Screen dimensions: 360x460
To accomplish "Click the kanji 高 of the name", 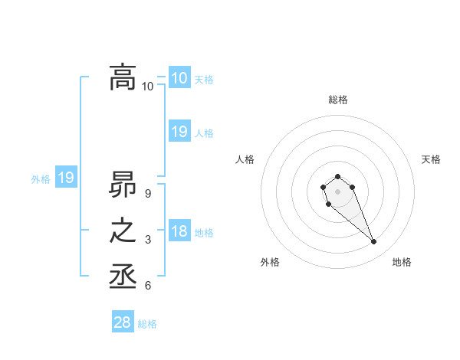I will pyautogui.click(x=123, y=77).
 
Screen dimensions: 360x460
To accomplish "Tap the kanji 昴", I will pyautogui.click(x=123, y=184).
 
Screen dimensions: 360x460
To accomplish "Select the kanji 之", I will pyautogui.click(x=123, y=231).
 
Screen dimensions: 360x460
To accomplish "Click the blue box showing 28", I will pyautogui.click(x=123, y=322).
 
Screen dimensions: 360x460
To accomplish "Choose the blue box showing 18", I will pyautogui.click(x=179, y=231).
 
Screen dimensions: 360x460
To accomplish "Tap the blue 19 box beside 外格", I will pyautogui.click(x=66, y=178).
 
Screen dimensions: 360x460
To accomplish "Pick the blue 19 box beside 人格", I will pyautogui.click(x=179, y=132).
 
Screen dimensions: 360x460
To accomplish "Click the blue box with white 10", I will pyautogui.click(x=179, y=77).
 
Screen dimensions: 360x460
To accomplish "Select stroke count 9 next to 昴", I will pyautogui.click(x=147, y=193).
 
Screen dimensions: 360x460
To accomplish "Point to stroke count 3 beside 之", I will pyautogui.click(x=147, y=240).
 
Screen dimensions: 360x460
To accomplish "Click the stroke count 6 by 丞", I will pyautogui.click(x=147, y=286).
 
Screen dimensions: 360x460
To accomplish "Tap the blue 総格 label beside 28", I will pyautogui.click(x=147, y=324).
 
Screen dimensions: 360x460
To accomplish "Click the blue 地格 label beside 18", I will pyautogui.click(x=204, y=233).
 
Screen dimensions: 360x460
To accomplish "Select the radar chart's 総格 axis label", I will pyautogui.click(x=337, y=100).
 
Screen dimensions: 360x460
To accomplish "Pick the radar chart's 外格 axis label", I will pyautogui.click(x=270, y=262).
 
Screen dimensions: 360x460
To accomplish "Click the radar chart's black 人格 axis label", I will pyautogui.click(x=245, y=159).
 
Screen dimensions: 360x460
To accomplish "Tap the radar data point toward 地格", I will pyautogui.click(x=373, y=242).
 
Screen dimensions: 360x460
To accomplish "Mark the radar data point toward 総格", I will pyautogui.click(x=337, y=176).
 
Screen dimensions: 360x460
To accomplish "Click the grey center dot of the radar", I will pyautogui.click(x=337, y=191).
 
